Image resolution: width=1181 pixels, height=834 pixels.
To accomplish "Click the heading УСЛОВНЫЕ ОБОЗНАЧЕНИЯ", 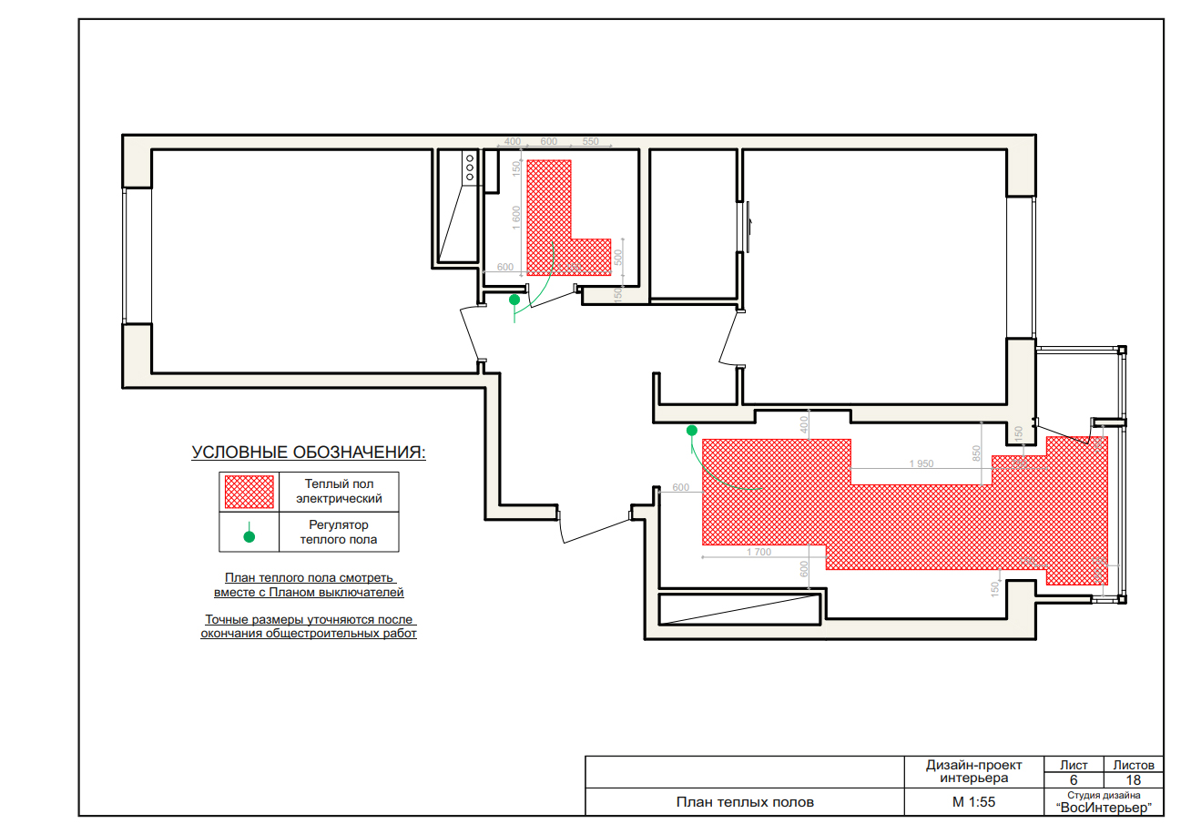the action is [x=309, y=453].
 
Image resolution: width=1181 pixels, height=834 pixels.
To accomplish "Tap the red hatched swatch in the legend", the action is [x=249, y=492].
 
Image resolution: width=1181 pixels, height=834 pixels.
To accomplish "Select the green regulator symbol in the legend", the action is [x=249, y=533].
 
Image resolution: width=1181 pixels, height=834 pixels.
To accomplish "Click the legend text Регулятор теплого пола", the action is [x=339, y=532].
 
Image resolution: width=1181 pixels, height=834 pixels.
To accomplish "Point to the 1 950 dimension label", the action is [x=921, y=463].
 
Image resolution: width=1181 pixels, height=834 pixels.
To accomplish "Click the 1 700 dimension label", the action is [x=758, y=552].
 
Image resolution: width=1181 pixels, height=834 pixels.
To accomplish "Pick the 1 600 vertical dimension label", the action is [x=516, y=218].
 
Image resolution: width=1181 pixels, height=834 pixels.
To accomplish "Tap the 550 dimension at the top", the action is [x=590, y=141].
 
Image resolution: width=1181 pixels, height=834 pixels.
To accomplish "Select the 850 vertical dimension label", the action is [x=976, y=453].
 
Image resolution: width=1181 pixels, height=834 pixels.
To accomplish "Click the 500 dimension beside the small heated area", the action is [x=618, y=258].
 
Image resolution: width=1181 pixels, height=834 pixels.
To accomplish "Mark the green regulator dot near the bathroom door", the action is [x=514, y=300].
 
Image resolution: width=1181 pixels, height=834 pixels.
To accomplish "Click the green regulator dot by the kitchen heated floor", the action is [x=692, y=431].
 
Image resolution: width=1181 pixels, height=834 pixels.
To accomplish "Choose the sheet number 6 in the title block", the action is [x=1074, y=780].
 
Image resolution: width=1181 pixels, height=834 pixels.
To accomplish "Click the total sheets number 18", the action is [x=1133, y=780].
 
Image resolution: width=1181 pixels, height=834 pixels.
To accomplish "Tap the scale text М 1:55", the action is [x=973, y=802].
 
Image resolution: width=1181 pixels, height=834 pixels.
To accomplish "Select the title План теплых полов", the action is [x=745, y=802].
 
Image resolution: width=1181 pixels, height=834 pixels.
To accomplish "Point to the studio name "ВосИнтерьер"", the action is [x=1104, y=808].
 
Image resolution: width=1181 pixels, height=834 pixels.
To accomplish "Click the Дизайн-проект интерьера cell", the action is [x=973, y=771].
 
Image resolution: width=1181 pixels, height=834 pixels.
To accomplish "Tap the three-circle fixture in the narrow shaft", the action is [x=470, y=168].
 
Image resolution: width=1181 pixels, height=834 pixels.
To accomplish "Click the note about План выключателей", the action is [x=309, y=585].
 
